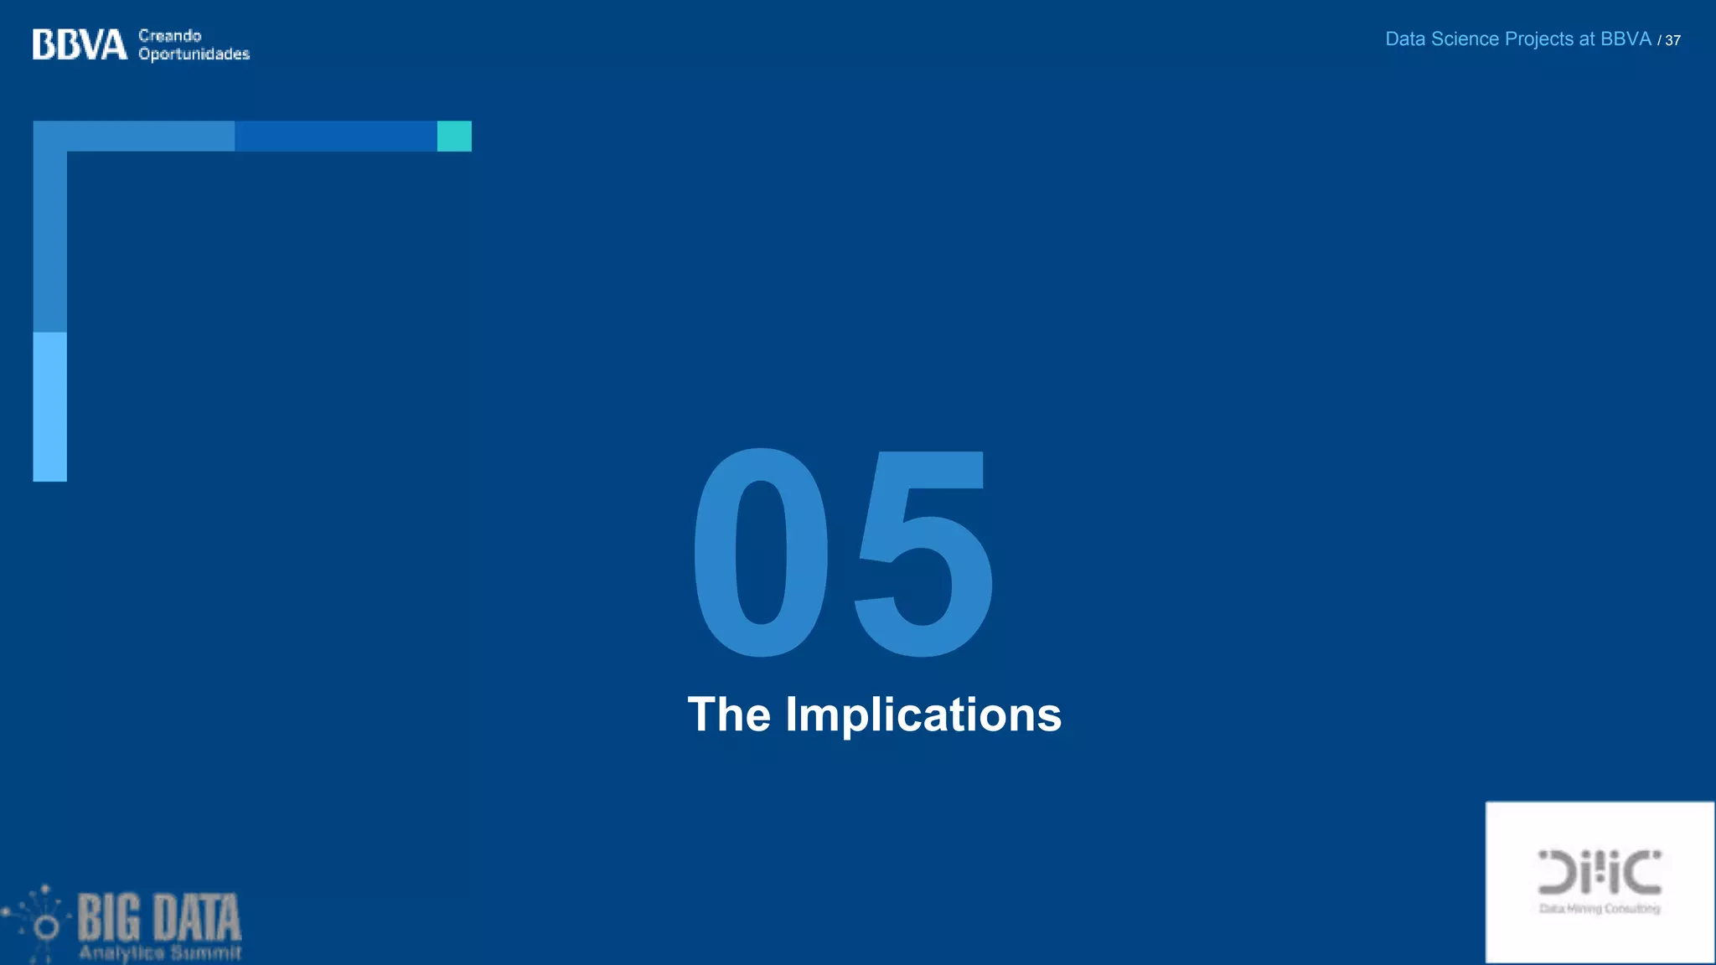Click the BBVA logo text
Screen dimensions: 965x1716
click(80, 44)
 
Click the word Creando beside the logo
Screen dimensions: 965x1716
click(169, 35)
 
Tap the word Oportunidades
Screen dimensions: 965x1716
click(194, 54)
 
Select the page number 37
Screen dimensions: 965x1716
click(1672, 40)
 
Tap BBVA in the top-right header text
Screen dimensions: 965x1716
click(1626, 39)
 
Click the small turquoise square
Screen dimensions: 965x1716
click(454, 136)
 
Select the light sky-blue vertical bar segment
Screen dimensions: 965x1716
click(49, 406)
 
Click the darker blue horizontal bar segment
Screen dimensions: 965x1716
click(335, 136)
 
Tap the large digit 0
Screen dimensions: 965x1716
click(760, 553)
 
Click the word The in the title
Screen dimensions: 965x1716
click(729, 715)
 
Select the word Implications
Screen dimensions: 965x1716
click(923, 715)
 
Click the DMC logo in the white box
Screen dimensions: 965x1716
click(1599, 872)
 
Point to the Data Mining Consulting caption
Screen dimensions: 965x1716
click(1599, 909)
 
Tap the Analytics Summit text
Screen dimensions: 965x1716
click(159, 952)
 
